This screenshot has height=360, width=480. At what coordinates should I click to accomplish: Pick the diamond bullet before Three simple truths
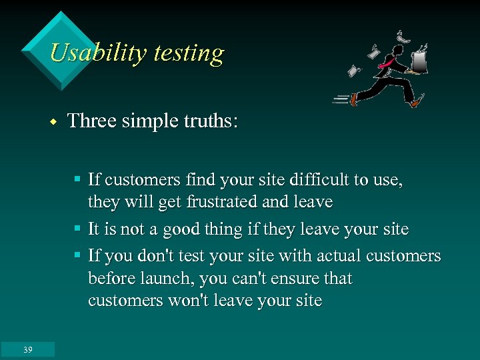click(x=52, y=122)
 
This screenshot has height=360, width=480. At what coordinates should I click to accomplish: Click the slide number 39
click(x=27, y=349)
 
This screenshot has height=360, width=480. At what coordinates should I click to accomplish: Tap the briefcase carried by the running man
click(x=420, y=63)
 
